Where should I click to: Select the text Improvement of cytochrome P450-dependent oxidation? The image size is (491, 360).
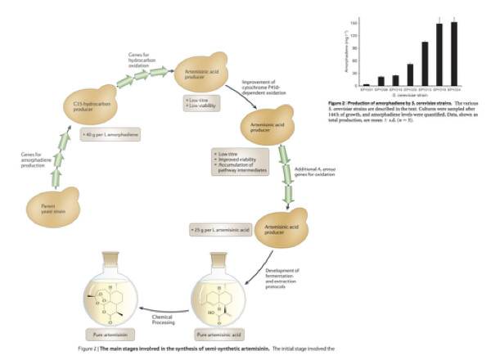pos(264,88)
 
